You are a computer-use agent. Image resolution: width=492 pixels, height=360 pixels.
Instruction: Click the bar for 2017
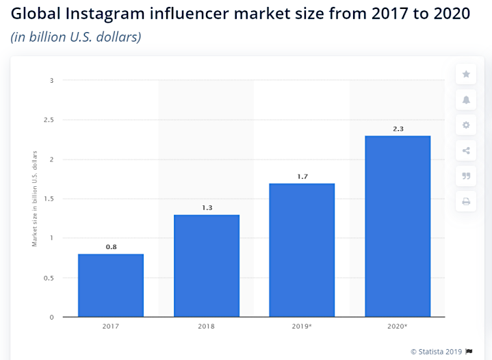coord(111,285)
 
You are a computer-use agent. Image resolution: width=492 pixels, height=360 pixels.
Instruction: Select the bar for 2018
coord(207,266)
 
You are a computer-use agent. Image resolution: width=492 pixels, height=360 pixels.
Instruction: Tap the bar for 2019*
coord(302,250)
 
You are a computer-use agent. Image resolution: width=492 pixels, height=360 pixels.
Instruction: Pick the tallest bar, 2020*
coord(398,226)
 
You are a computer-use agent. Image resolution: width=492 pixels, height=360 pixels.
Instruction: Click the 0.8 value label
coord(111,246)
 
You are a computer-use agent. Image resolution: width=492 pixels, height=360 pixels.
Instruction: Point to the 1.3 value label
coord(207,207)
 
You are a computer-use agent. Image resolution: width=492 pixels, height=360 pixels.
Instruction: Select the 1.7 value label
coord(302,176)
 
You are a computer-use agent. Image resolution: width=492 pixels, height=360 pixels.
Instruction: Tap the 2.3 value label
coord(398,128)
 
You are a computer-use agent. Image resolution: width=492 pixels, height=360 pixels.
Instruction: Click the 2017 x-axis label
coord(111,326)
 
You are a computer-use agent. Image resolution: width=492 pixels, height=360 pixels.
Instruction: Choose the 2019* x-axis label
coord(302,326)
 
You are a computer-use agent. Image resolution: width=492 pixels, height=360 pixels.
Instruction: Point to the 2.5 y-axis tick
coord(48,120)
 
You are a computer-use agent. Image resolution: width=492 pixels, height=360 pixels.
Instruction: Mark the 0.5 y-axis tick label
coord(48,278)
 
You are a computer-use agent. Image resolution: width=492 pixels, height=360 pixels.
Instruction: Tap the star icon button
coord(466,74)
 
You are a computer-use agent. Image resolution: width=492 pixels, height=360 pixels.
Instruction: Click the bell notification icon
coord(466,99)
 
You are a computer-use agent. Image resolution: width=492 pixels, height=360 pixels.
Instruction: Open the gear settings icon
coord(466,125)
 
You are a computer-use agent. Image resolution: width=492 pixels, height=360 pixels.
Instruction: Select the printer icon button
coord(466,201)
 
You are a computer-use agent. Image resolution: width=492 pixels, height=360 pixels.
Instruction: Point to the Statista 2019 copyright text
coord(437,351)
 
